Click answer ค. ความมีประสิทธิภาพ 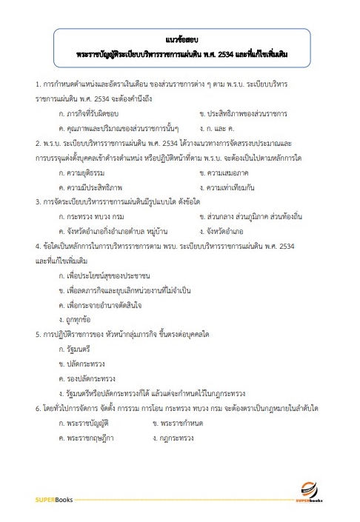point(90,187)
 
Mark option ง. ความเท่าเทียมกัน point(233,187)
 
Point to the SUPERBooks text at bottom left point(51,501)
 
